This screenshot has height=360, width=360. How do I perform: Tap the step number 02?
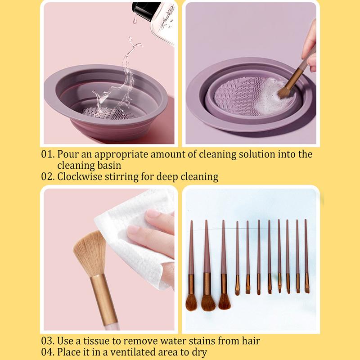click(48, 176)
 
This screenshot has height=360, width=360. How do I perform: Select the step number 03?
click(48, 341)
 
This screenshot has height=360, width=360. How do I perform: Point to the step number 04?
click(48, 352)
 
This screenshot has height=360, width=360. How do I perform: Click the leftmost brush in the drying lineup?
click(191, 270)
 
